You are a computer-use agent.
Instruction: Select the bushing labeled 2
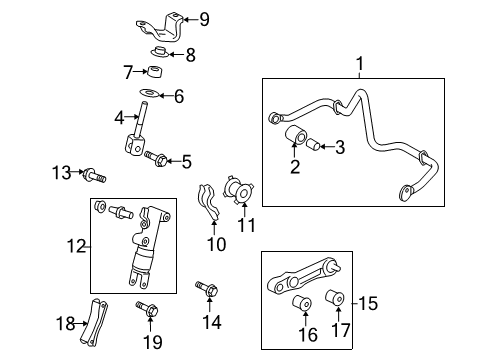tap(295, 137)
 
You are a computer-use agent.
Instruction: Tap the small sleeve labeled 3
tap(312, 144)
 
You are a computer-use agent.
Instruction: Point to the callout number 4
tap(120, 118)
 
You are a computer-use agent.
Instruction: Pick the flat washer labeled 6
tap(147, 95)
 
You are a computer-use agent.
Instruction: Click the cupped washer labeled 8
tap(159, 53)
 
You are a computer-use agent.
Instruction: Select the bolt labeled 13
tap(96, 176)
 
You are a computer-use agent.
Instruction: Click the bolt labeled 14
tap(208, 290)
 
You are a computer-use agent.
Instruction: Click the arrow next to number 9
tap(187, 19)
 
